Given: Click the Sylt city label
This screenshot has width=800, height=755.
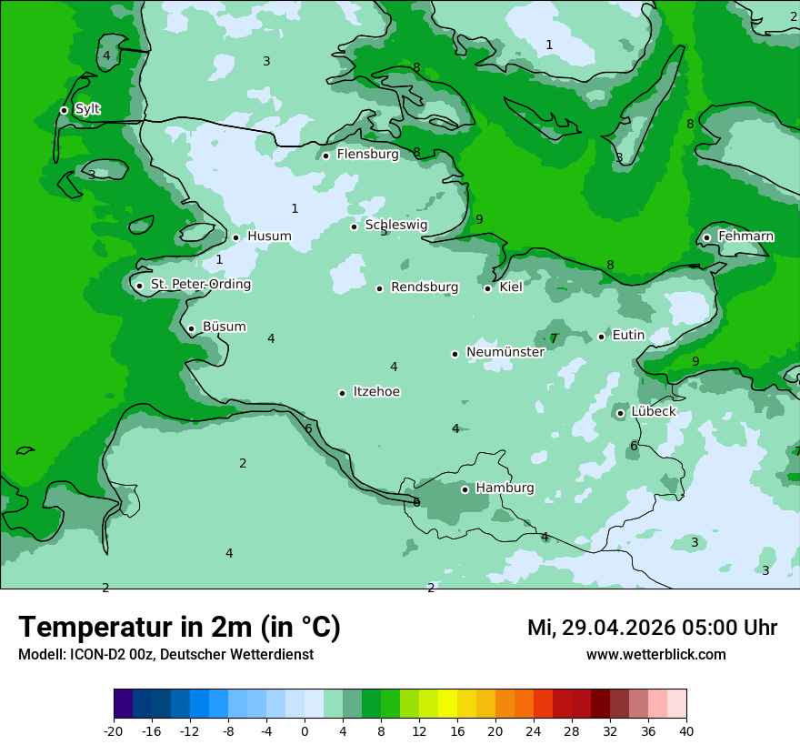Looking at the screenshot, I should pyautogui.click(x=87, y=109).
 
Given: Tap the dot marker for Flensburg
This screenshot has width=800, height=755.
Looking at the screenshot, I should pyautogui.click(x=325, y=156).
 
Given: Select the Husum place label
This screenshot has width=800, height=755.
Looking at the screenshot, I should pyautogui.click(x=269, y=237).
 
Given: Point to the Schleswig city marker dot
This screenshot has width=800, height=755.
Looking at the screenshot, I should pyautogui.click(x=355, y=226).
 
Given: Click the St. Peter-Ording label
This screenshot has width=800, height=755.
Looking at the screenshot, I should pyautogui.click(x=200, y=285).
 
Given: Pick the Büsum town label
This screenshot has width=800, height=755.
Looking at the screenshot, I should pyautogui.click(x=224, y=327).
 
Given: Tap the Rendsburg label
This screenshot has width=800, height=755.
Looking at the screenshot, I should pyautogui.click(x=424, y=287).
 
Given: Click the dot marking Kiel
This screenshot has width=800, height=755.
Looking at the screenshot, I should pyautogui.click(x=488, y=288).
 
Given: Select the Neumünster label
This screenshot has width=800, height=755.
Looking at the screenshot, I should pyautogui.click(x=505, y=352).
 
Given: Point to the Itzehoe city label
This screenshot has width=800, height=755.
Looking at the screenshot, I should pyautogui.click(x=376, y=392).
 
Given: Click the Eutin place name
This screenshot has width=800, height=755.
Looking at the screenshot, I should pyautogui.click(x=628, y=336).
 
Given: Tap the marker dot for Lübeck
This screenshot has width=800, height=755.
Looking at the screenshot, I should pyautogui.click(x=620, y=413).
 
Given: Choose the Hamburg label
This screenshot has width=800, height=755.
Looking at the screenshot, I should pyautogui.click(x=505, y=488).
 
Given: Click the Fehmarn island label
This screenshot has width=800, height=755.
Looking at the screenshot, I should pyautogui.click(x=745, y=237).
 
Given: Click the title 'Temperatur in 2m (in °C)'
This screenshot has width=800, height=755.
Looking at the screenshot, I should pyautogui.click(x=179, y=628).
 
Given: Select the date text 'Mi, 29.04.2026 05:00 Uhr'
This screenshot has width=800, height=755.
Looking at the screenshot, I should pyautogui.click(x=652, y=628).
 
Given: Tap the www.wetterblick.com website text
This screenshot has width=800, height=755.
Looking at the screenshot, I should pyautogui.click(x=655, y=655).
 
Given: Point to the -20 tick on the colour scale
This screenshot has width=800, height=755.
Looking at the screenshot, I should pyautogui.click(x=114, y=731).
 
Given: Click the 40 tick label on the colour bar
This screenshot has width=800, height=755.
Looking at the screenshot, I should pyautogui.click(x=686, y=731).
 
